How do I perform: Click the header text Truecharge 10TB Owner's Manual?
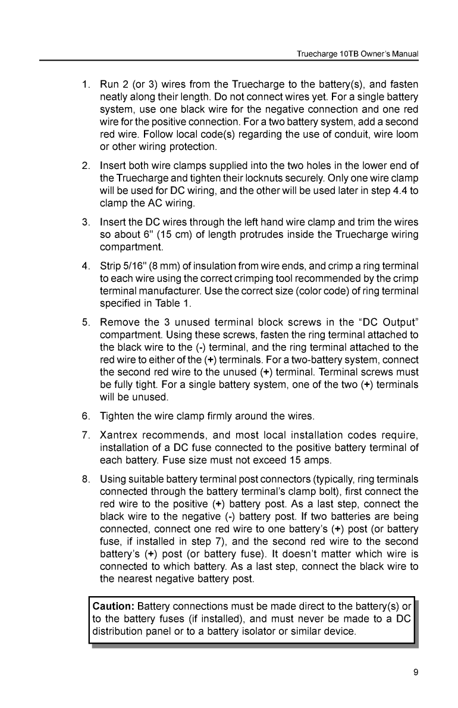[x=357, y=54]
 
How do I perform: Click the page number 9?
[x=415, y=673]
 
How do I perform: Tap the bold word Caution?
[x=114, y=607]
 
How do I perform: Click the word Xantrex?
[x=121, y=430]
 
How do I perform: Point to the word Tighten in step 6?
[x=119, y=413]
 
